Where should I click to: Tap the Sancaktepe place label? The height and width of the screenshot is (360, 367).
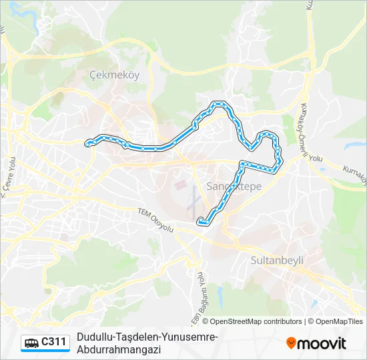point(234,187)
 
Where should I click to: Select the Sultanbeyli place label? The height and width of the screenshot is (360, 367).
point(277,260)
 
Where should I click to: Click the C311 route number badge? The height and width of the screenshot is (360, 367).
point(53,343)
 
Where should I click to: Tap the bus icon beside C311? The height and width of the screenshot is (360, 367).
point(31,343)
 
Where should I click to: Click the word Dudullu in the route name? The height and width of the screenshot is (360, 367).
point(94,337)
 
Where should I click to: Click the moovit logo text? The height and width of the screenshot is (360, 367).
point(322,343)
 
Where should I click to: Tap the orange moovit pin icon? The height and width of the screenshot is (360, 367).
point(291,343)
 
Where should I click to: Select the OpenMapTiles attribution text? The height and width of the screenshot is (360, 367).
point(339,321)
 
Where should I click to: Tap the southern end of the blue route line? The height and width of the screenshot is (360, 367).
point(200,222)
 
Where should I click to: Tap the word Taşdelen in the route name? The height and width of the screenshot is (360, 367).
point(136,337)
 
